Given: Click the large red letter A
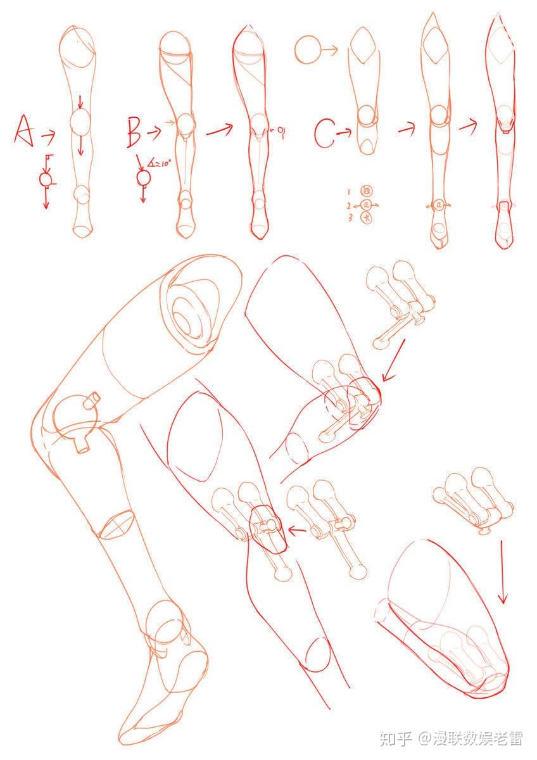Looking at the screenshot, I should tap(24, 131).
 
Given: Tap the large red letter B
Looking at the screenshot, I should tap(134, 131).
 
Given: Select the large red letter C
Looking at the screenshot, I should tap(324, 134).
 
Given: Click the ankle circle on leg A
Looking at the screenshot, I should tap(81, 193).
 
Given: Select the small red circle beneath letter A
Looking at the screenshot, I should tap(46, 179).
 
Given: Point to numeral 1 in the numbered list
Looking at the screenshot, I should tap(348, 191).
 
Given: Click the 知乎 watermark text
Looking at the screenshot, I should tap(395, 738).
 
